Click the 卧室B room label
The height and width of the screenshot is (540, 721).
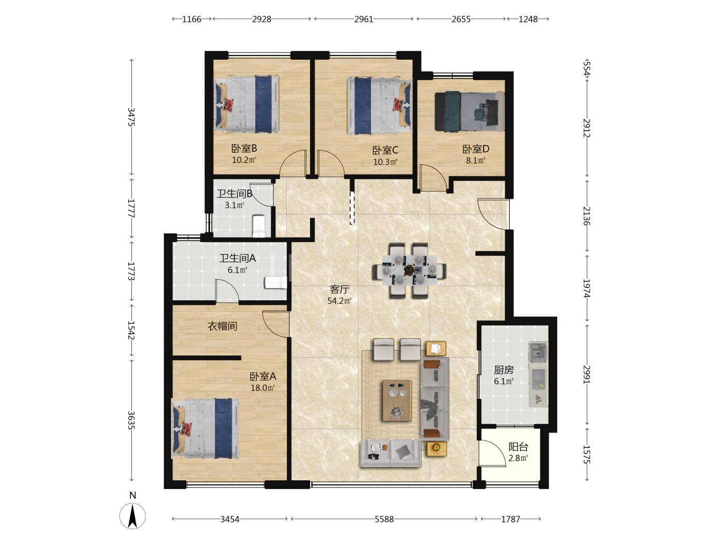pyautogui.click(x=244, y=149)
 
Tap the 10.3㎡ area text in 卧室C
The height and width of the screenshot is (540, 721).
pyautogui.click(x=385, y=162)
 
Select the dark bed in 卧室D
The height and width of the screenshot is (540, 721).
pyautogui.click(x=469, y=112)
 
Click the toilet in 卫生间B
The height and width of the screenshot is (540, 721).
pyautogui.click(x=259, y=226)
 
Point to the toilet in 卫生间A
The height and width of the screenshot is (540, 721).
pyautogui.click(x=276, y=283)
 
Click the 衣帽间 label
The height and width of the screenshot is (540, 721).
pyautogui.click(x=222, y=326)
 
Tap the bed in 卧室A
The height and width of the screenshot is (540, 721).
pyautogui.click(x=205, y=428)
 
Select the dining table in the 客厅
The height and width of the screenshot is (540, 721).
pyautogui.click(x=409, y=271)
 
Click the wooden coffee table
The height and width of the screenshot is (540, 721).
pyautogui.click(x=397, y=400)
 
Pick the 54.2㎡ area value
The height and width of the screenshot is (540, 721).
pyautogui.click(x=339, y=301)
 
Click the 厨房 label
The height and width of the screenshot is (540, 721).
pyautogui.click(x=504, y=370)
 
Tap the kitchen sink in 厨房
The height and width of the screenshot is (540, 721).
pyautogui.click(x=538, y=352)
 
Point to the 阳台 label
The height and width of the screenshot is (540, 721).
pyautogui.click(x=518, y=447)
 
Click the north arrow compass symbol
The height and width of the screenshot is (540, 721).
pyautogui.click(x=132, y=516)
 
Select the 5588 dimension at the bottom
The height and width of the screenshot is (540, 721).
pyautogui.click(x=384, y=519)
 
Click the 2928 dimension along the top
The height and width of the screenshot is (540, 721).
pyautogui.click(x=262, y=19)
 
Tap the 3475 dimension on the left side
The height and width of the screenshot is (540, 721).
pyautogui.click(x=131, y=117)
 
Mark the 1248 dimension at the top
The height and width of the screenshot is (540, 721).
pyautogui.click(x=528, y=19)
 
